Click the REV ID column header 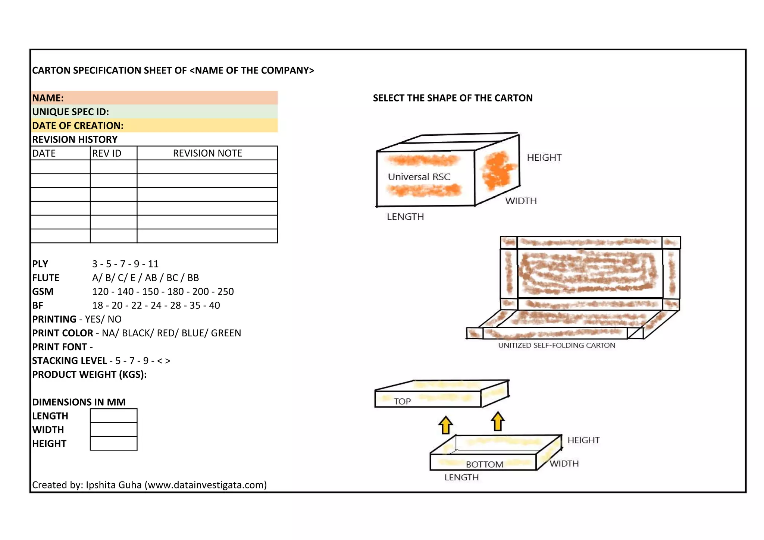107,153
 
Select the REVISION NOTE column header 207,153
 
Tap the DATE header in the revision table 44,153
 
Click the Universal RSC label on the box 419,177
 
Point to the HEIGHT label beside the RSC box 544,158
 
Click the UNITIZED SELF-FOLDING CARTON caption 557,345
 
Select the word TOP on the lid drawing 402,402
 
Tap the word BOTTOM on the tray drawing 484,464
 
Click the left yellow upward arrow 445,425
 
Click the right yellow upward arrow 498,421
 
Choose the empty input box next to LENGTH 113,416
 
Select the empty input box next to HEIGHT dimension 113,443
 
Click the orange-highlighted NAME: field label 48,98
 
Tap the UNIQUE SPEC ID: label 71,112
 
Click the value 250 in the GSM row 225,292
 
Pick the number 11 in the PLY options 153,264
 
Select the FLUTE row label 46,278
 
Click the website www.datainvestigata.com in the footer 205,485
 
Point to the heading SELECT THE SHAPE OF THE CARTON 453,98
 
